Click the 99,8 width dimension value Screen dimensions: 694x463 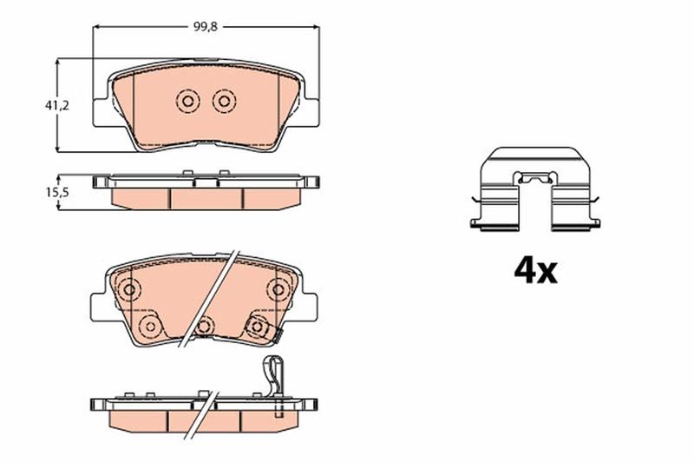tap(206, 27)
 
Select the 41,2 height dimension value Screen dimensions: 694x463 tap(57, 105)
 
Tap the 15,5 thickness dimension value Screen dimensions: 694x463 tap(57, 192)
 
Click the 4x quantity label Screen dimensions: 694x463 tap(535, 270)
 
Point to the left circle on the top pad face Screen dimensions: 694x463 tap(187, 102)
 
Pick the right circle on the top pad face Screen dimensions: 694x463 tap(224, 102)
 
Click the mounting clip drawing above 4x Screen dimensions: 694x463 tap(535, 189)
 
